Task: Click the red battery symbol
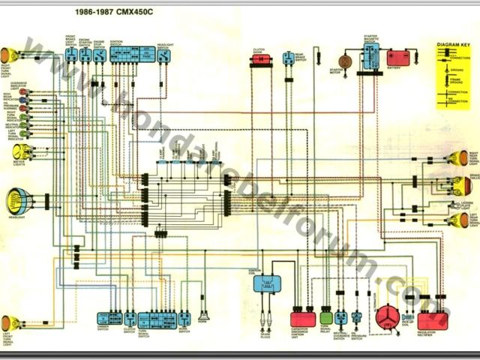(397, 56)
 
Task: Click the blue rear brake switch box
(289, 58)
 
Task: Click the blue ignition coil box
(265, 283)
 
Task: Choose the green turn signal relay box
(325, 317)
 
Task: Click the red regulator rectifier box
(433, 320)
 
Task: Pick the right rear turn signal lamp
(455, 159)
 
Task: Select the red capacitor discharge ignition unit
(301, 318)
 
